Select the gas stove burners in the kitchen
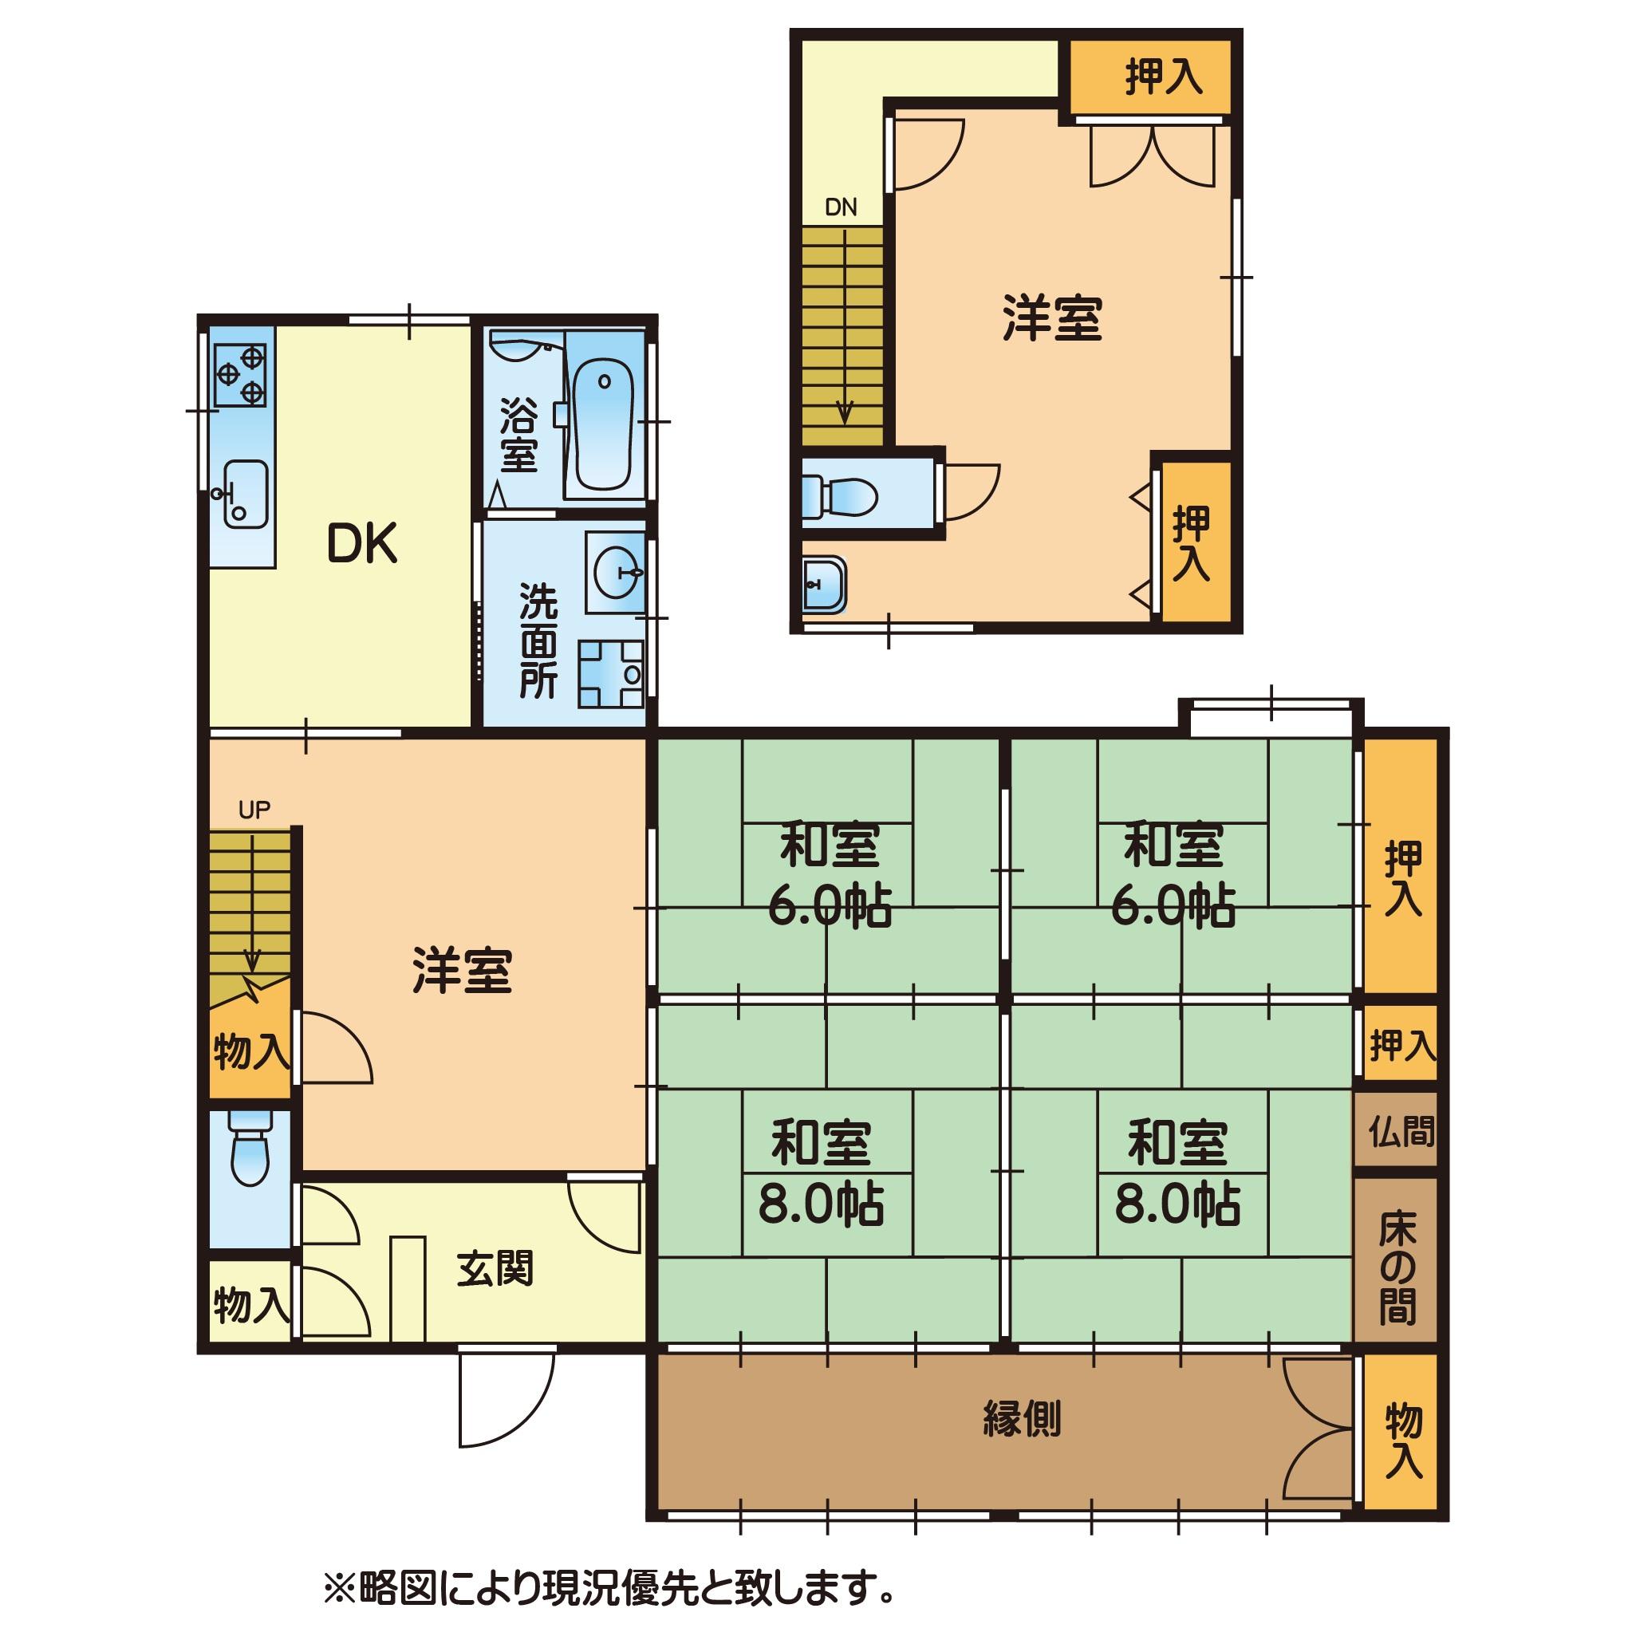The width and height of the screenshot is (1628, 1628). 241,375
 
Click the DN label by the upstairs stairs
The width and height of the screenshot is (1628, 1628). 840,208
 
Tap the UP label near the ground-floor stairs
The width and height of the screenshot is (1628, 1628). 254,810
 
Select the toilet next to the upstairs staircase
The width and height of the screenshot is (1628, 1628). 840,494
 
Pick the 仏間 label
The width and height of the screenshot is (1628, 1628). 1401,1131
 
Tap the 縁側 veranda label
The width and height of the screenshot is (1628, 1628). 1021,1419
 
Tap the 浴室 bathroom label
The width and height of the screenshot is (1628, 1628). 519,434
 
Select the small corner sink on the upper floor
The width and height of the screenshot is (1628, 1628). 823,583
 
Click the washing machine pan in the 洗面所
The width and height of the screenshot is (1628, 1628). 610,674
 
